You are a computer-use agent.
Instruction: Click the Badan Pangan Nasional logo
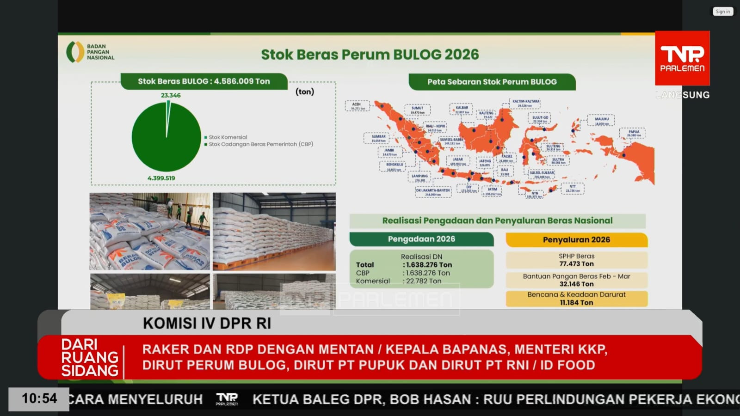91,52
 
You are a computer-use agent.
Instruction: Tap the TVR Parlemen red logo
682,58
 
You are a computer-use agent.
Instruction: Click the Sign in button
722,12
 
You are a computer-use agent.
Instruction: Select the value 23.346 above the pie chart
171,95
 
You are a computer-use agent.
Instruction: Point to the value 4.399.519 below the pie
161,178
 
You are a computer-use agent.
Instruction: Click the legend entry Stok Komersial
228,137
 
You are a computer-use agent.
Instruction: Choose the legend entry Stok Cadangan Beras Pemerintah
260,144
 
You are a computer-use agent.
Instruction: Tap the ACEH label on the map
357,106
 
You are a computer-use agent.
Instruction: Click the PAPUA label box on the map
634,133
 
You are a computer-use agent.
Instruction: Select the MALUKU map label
602,121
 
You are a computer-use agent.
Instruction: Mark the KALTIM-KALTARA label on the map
525,103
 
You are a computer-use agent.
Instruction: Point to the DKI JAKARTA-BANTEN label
433,192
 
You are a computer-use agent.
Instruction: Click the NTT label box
573,188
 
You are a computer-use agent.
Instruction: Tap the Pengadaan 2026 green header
421,239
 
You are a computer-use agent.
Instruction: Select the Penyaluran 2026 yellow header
576,240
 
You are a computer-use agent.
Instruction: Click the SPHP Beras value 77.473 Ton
576,264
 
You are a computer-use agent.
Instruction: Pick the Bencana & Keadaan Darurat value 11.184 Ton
576,303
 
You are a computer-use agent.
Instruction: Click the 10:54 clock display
39,398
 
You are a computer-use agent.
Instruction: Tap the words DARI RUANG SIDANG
90,357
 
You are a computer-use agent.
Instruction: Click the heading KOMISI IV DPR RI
207,324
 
